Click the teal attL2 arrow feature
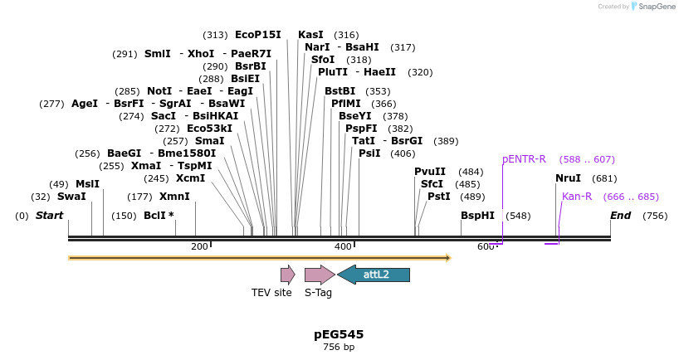[x=374, y=275]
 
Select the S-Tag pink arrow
[x=319, y=275]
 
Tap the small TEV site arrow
[x=287, y=275]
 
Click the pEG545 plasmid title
[x=339, y=334]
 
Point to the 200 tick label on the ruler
[x=199, y=246]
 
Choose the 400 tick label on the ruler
[x=343, y=246]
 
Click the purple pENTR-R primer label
[x=524, y=158]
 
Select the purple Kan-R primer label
[x=577, y=197]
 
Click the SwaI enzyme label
[x=71, y=197]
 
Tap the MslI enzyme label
[x=87, y=183]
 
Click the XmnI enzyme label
[x=174, y=197]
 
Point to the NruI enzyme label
[x=569, y=178]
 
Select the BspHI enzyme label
[x=477, y=216]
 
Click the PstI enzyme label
[x=439, y=197]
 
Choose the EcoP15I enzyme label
[x=258, y=35]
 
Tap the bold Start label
[x=49, y=216]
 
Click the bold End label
[x=621, y=216]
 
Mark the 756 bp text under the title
[x=339, y=347]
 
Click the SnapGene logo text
[x=656, y=7]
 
